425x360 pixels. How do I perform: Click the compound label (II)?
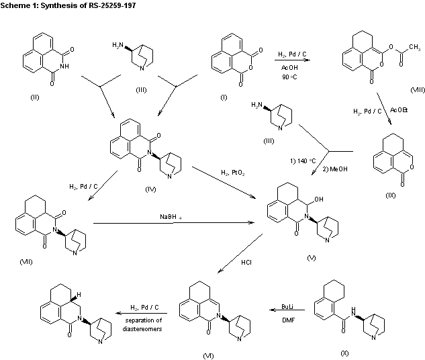click(34, 97)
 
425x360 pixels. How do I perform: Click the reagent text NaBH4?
click(171, 216)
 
